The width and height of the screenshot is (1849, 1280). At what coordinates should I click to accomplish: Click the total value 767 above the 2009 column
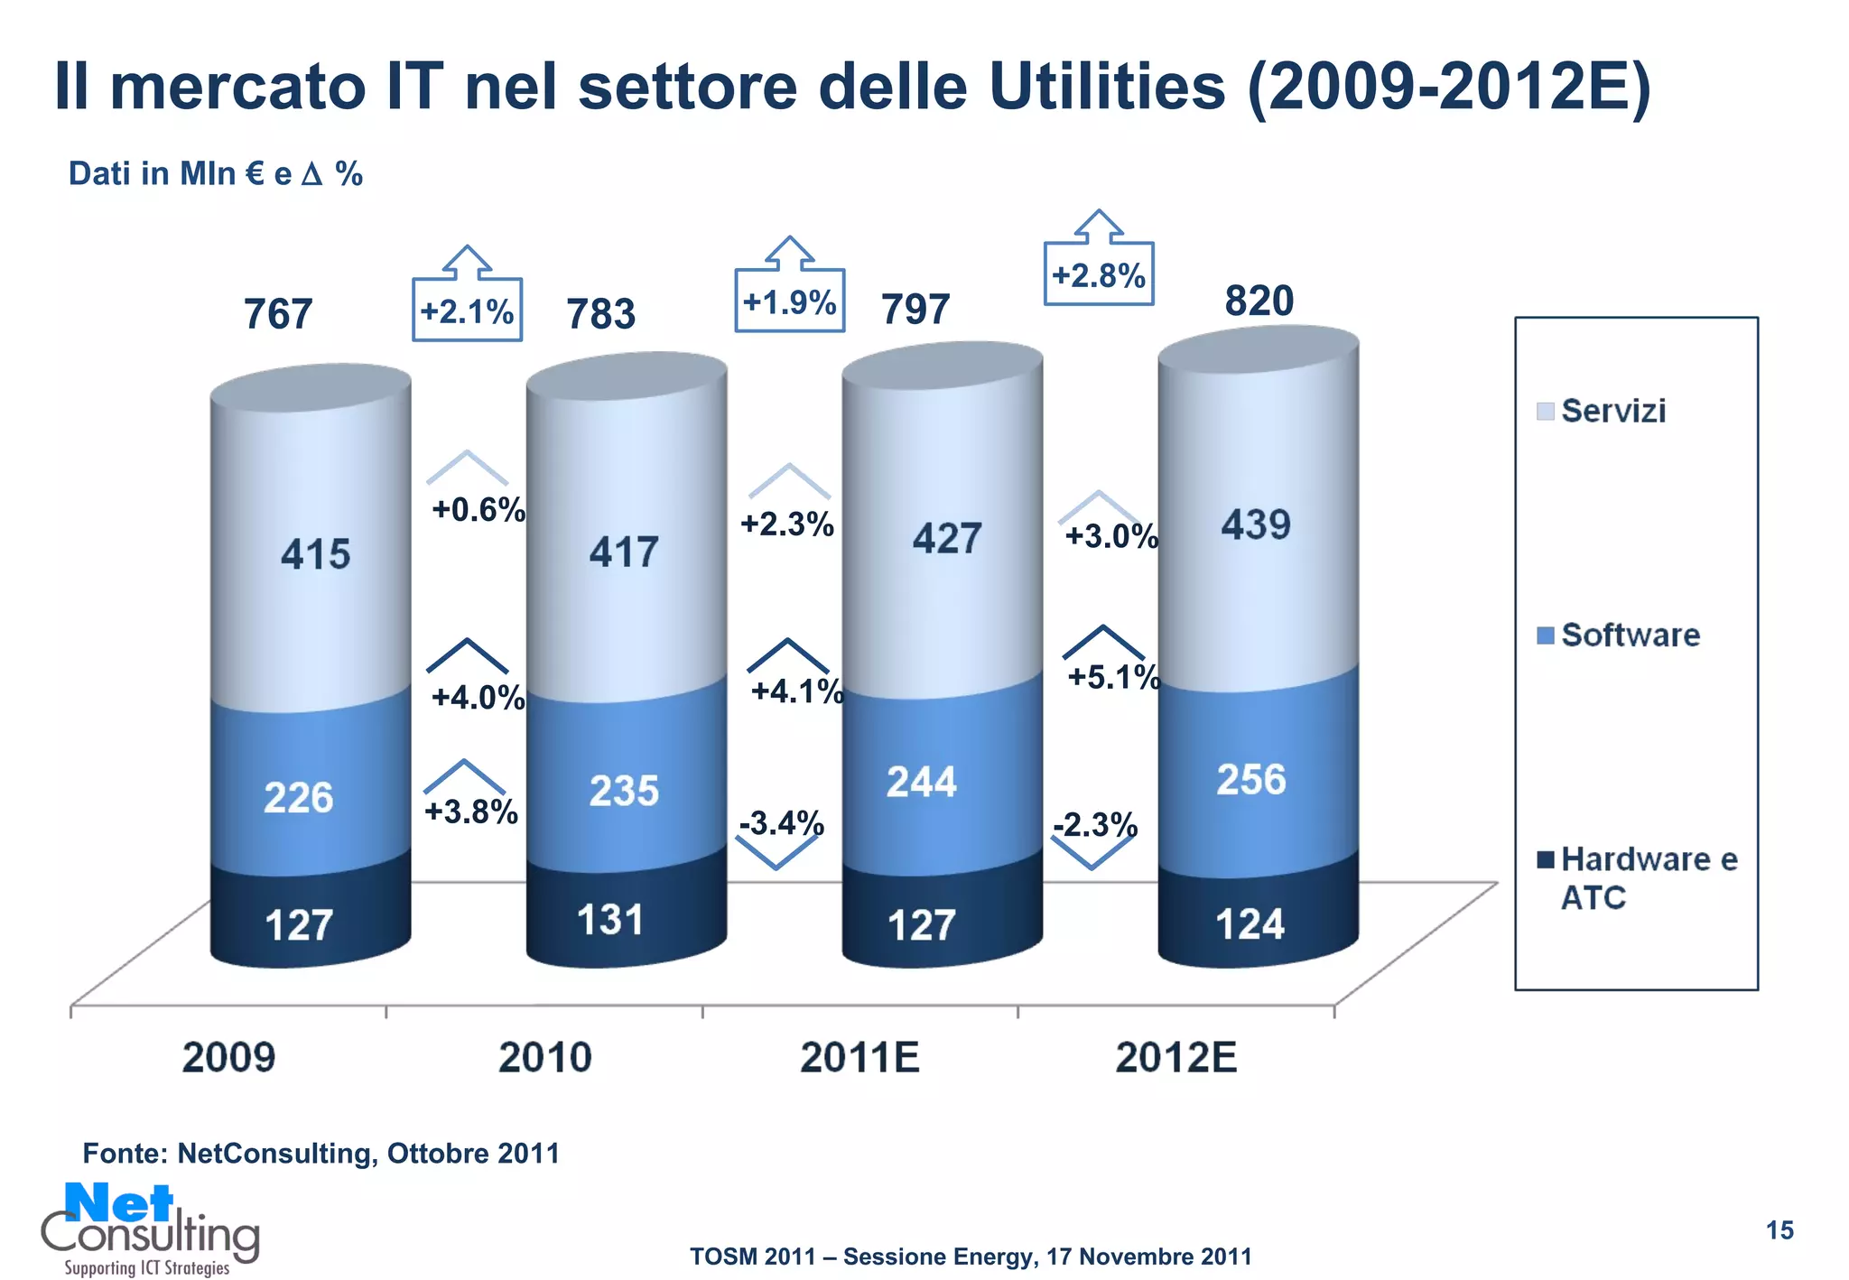pyautogui.click(x=278, y=314)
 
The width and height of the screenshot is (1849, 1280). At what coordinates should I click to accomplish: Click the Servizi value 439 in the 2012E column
pyautogui.click(x=1256, y=524)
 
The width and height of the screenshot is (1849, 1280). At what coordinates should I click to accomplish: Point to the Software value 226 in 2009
pyautogui.click(x=298, y=798)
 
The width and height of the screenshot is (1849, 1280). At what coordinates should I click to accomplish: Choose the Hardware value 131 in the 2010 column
pyautogui.click(x=610, y=920)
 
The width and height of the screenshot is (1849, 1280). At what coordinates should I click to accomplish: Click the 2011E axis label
pyautogui.click(x=859, y=1057)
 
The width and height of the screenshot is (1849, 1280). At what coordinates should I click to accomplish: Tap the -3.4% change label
pyautogui.click(x=781, y=822)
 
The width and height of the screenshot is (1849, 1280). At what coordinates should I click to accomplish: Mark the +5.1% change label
pyautogui.click(x=1113, y=676)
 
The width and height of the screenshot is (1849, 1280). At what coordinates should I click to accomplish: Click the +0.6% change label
pyautogui.click(x=478, y=509)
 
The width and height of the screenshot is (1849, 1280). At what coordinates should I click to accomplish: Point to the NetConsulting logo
pyautogui.click(x=149, y=1228)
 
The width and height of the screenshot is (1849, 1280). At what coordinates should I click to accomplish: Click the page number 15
pyautogui.click(x=1779, y=1230)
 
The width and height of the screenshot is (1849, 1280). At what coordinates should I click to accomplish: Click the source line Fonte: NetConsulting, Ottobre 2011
pyautogui.click(x=321, y=1153)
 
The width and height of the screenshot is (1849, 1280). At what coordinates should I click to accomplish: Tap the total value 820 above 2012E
pyautogui.click(x=1259, y=301)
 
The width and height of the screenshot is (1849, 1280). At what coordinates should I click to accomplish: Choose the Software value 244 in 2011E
pyautogui.click(x=921, y=782)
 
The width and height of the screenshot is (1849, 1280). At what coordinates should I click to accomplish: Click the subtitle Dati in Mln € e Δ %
pyautogui.click(x=215, y=173)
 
